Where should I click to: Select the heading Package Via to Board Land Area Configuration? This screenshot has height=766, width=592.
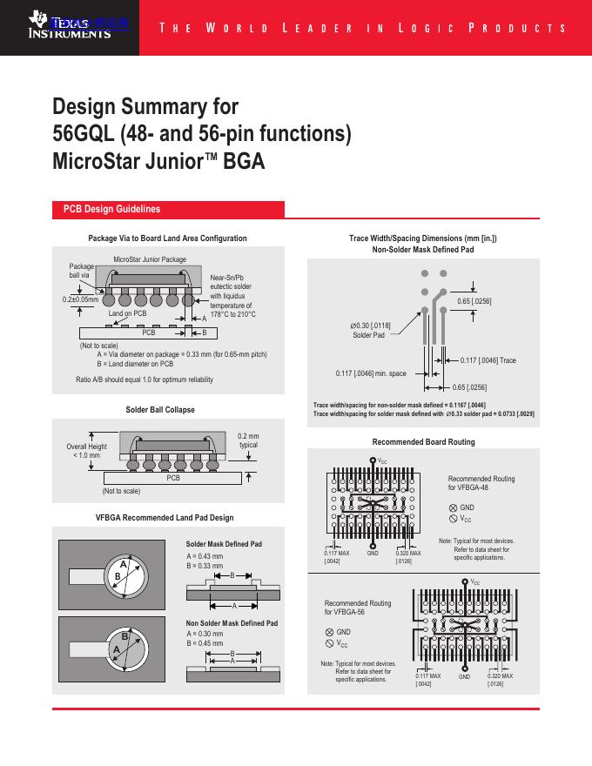(167, 239)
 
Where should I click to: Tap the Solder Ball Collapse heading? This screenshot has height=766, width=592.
(160, 409)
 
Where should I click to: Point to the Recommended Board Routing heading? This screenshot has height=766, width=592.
(424, 442)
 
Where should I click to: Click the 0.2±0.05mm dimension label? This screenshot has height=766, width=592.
(80, 299)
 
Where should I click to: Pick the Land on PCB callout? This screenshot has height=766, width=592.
(127, 313)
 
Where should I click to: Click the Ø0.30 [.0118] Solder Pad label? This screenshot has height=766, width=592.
(369, 330)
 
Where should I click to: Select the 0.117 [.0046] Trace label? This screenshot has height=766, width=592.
(488, 359)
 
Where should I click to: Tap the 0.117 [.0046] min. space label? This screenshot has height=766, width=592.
(371, 373)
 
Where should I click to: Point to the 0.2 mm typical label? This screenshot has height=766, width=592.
(248, 440)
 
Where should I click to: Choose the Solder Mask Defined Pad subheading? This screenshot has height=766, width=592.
(224, 544)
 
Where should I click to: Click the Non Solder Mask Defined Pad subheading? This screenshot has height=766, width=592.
(232, 624)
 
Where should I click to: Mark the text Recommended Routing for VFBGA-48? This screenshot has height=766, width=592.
(481, 483)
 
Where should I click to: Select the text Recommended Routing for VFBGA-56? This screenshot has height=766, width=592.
(358, 608)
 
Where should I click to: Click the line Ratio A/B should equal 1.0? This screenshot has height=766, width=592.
(145, 380)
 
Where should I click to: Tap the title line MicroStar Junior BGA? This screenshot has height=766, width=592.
(158, 162)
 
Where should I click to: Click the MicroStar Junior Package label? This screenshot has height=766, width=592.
(150, 259)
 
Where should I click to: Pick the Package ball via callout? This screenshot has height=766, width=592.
(80, 271)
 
